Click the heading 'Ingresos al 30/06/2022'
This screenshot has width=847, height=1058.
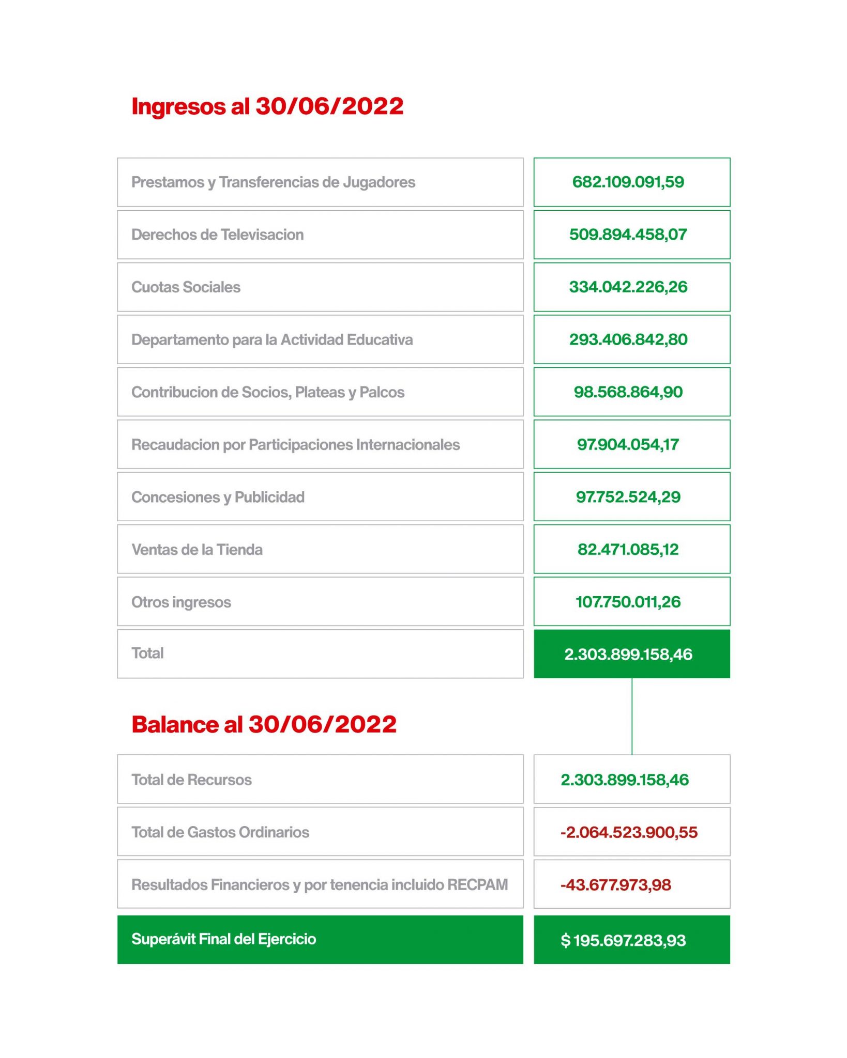[x=267, y=106]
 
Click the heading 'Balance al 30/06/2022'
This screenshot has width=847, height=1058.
[x=264, y=724]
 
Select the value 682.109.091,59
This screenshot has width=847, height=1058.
[x=628, y=182]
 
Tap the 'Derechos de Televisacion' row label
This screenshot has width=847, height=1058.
[x=217, y=235]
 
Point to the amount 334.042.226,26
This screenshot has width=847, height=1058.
[x=628, y=287]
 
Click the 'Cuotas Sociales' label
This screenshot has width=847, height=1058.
[x=186, y=287]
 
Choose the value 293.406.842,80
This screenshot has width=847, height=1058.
[x=628, y=339]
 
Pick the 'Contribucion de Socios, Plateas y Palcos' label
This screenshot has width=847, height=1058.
[x=267, y=392]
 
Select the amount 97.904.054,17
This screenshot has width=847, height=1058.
[x=628, y=444]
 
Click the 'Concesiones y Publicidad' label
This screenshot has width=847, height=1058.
[x=218, y=497]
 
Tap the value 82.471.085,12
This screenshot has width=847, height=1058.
[x=628, y=549]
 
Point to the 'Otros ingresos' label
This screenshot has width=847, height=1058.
[x=181, y=602]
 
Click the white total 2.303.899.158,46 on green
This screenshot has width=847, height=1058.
[x=628, y=654]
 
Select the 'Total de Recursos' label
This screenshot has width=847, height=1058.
[x=191, y=780]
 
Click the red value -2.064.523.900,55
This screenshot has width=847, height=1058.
[x=629, y=832]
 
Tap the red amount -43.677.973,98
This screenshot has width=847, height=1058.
[x=615, y=885]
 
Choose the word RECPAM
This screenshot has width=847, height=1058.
[x=477, y=885]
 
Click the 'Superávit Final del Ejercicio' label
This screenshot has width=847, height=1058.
[x=223, y=939]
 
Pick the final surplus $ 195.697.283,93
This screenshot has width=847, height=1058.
[x=623, y=940]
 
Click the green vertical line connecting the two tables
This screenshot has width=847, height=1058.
[x=632, y=716]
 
